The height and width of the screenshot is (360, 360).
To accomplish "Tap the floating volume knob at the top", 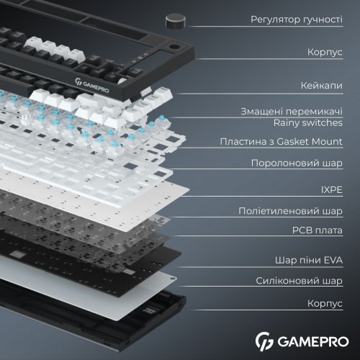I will point(175,19).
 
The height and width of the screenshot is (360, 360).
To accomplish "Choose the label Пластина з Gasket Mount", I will point(281,141).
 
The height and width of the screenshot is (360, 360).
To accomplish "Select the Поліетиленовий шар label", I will point(290,212).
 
